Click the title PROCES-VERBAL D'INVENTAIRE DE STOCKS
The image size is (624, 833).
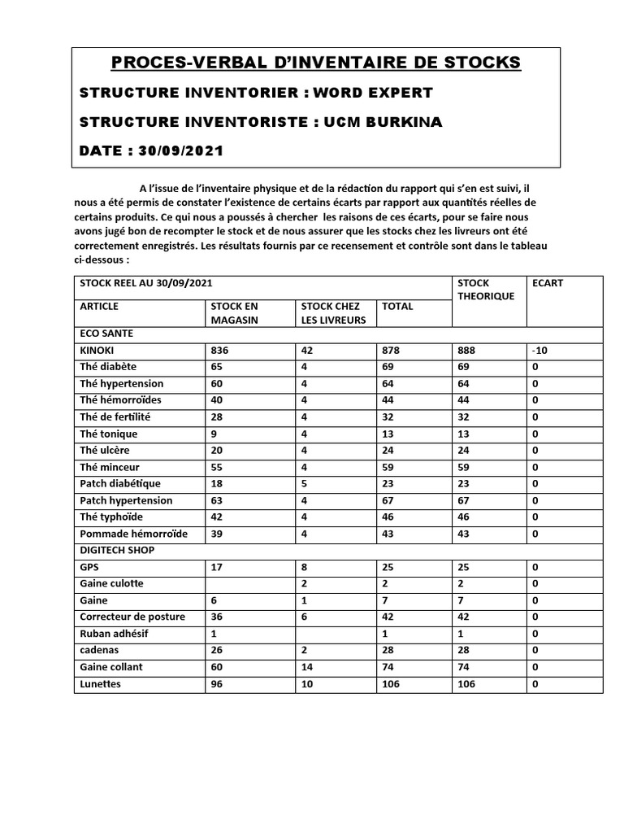316,63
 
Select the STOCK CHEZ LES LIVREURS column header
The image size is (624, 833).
333,312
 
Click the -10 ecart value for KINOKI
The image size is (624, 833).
540,350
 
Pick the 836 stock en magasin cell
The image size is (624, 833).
220,350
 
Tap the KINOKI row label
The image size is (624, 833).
97,350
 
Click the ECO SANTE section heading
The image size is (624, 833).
106,334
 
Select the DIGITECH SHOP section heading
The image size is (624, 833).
117,550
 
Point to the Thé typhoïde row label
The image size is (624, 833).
115,517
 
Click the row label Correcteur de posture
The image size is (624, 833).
132,617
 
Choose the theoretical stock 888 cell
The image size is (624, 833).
466,350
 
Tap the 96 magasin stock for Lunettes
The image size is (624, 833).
217,684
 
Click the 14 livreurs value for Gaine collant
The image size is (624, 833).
306,667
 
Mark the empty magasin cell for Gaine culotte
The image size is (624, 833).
249,583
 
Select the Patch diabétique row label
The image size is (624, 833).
120,483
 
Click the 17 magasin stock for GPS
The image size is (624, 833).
217,566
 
